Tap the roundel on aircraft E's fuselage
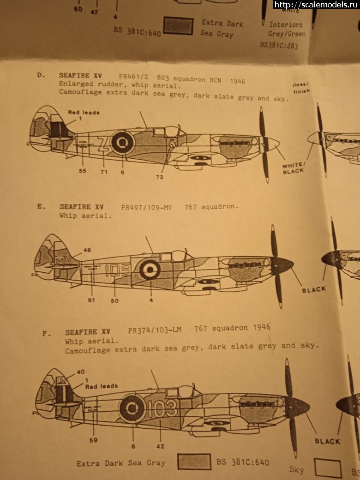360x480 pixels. (x=150, y=269)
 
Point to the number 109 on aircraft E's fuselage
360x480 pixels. (x=117, y=269)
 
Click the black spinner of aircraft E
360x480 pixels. (x=282, y=265)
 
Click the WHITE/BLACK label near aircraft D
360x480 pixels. (x=294, y=168)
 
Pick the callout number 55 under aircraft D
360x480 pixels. (x=82, y=171)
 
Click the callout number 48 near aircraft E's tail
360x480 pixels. (x=87, y=250)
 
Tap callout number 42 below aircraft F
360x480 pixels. (x=160, y=446)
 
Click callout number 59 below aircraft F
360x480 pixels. (x=93, y=440)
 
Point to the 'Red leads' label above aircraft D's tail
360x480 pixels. (x=84, y=112)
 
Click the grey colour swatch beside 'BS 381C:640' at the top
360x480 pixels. (x=179, y=26)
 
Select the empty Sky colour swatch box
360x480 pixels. (x=327, y=468)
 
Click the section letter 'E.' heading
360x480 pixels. (x=42, y=207)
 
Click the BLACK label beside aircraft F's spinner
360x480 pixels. (x=327, y=441)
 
